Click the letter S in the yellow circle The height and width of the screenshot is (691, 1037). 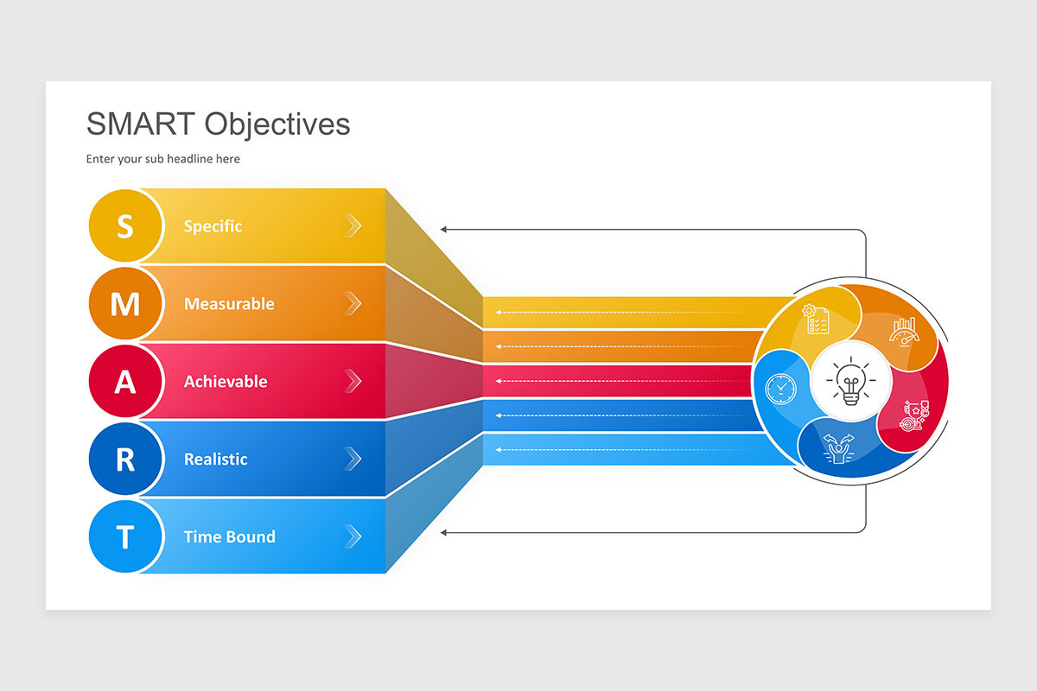[125, 226]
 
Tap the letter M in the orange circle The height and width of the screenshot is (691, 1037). [125, 304]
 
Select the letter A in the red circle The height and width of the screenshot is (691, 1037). [125, 382]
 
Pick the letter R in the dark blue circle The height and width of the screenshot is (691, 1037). [125, 460]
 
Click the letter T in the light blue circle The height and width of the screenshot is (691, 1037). [125, 537]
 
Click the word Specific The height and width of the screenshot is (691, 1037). [213, 226]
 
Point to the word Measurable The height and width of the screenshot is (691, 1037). [229, 304]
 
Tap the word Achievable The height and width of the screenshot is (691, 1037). [226, 382]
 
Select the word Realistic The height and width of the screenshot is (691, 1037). [216, 460]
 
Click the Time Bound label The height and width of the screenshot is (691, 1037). [229, 537]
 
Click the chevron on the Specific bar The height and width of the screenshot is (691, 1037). [353, 226]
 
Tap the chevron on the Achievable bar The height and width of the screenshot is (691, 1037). [353, 382]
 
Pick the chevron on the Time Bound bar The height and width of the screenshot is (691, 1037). [353, 537]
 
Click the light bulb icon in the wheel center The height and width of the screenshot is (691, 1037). [850, 380]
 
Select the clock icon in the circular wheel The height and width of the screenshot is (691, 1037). [780, 388]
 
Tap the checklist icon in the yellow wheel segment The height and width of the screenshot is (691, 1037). [816, 320]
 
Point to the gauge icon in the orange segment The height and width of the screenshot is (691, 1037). [904, 330]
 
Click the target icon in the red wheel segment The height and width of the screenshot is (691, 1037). [914, 416]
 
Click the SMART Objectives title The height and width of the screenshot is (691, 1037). [218, 124]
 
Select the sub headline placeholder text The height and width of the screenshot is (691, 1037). [162, 159]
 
